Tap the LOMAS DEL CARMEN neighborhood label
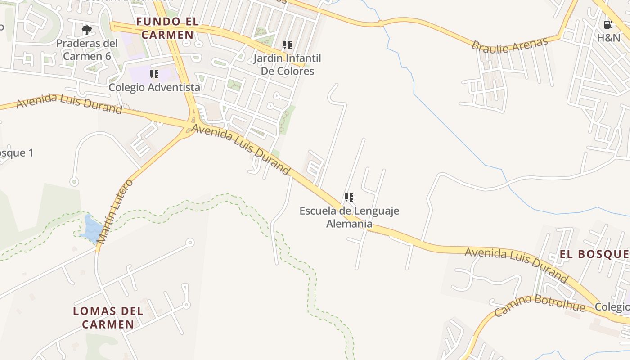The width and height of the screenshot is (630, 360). point(108,317)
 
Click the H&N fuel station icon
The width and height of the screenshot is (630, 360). point(608,25)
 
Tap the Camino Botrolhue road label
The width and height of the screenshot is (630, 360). point(540,306)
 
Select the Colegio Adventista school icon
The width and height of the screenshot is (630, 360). point(154,74)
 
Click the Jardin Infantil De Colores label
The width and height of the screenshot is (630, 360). point(288,64)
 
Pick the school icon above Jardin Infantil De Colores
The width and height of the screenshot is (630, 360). point(287,45)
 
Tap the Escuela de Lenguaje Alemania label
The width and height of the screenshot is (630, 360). point(349,217)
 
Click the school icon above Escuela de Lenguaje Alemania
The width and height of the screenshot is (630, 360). point(349,197)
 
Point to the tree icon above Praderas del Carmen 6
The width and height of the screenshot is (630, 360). point(87,30)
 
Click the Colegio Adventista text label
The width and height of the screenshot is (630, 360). point(154,87)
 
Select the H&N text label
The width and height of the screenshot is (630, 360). point(608,38)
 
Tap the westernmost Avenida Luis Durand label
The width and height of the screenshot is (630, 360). point(69,104)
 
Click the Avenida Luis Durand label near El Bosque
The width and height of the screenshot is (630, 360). point(517,264)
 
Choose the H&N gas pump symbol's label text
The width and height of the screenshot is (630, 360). point(608,38)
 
